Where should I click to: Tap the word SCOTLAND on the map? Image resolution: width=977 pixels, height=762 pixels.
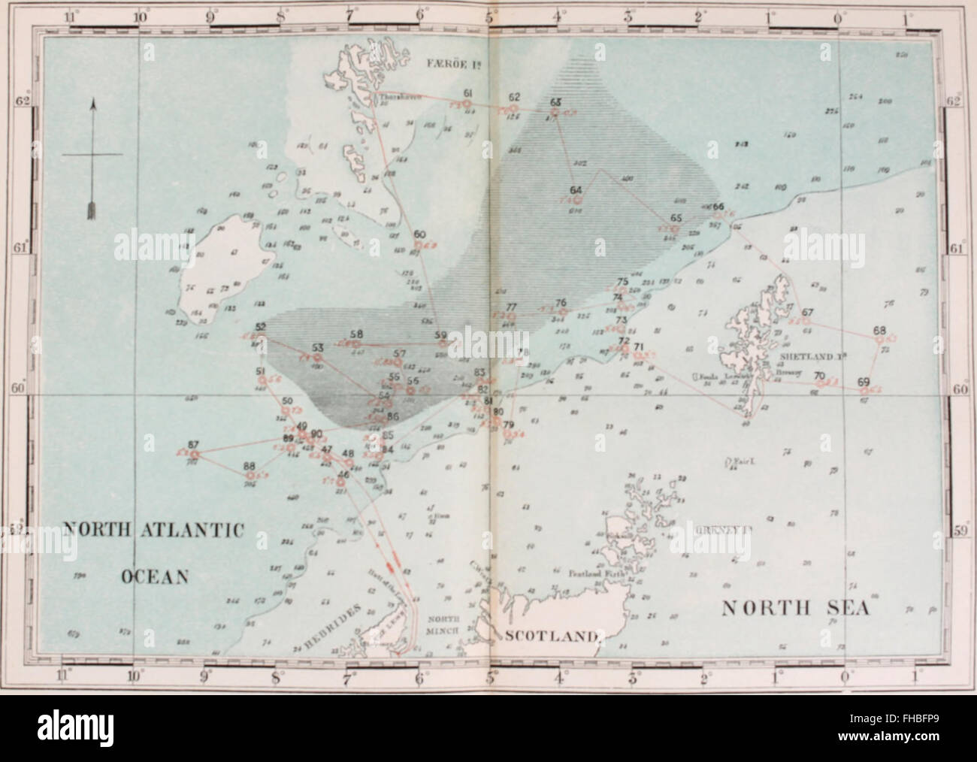(x=550, y=637)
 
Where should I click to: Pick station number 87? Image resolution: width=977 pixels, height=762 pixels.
(x=193, y=443)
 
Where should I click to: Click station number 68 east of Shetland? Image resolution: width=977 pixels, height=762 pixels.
(x=880, y=331)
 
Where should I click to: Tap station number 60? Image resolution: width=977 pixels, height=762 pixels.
(x=419, y=234)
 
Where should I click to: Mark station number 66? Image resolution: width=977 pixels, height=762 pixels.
(x=718, y=207)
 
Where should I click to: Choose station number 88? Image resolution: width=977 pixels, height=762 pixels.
(x=250, y=466)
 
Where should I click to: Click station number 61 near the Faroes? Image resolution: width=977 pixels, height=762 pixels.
(x=467, y=93)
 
